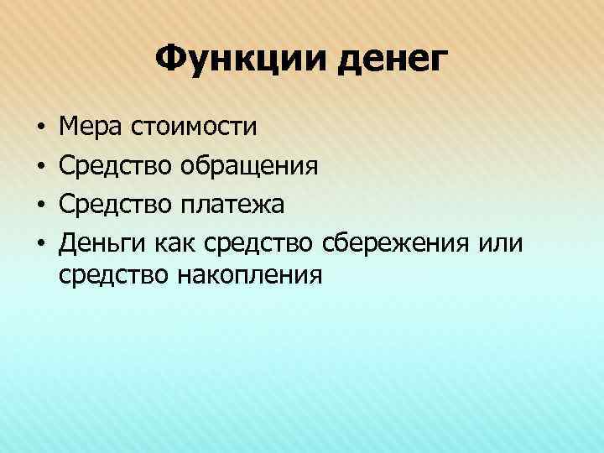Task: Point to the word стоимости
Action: (194, 128)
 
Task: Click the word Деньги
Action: (102, 243)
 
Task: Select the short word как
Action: (174, 242)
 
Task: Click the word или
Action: (501, 242)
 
